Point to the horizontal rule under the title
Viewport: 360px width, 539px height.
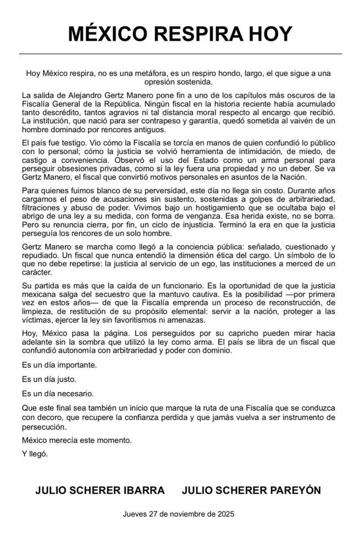(180, 54)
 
